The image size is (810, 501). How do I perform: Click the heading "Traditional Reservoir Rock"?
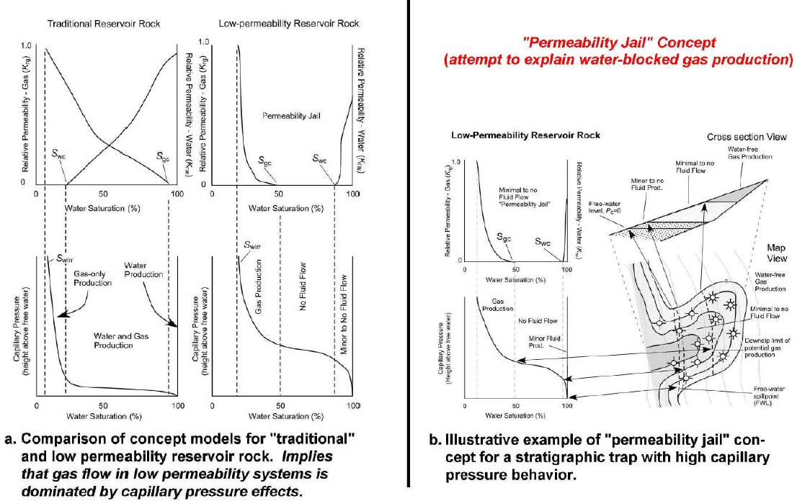95,24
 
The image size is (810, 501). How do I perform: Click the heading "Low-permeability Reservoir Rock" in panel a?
288,24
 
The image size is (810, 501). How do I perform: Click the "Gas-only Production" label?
93,278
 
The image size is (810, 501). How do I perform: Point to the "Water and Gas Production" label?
113,340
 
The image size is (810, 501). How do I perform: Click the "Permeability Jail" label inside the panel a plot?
287,115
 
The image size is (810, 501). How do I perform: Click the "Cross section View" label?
746,137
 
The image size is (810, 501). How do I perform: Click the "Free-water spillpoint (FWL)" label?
771,395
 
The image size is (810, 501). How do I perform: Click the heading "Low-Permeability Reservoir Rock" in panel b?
525,135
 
